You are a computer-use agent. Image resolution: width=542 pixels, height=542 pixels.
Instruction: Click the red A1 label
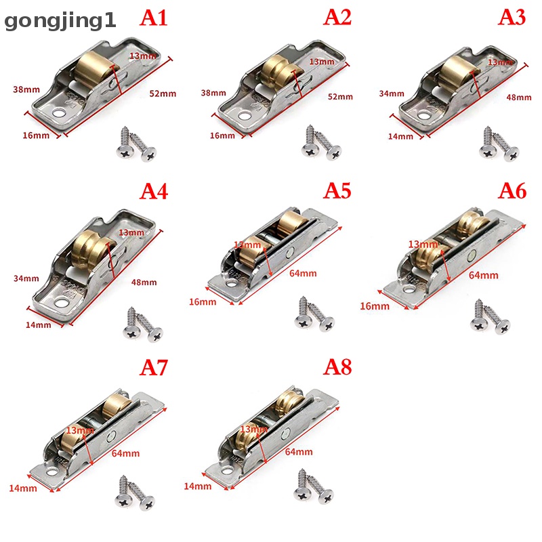153,18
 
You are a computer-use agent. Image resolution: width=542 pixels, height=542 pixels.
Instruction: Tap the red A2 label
337,18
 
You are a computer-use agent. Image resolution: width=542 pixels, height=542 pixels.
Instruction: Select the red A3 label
512,18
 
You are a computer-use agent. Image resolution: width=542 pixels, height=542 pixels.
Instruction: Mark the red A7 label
153,367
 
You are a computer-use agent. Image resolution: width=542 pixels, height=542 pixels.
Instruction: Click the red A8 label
337,367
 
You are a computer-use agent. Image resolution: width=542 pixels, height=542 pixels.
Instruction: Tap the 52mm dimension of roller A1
163,93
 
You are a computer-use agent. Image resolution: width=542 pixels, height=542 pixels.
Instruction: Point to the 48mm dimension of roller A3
519,97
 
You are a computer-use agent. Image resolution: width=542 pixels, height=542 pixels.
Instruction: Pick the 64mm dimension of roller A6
484,275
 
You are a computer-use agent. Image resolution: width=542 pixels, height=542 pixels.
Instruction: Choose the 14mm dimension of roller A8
196,486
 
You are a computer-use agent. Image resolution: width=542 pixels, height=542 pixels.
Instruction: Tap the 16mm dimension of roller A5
203,301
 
